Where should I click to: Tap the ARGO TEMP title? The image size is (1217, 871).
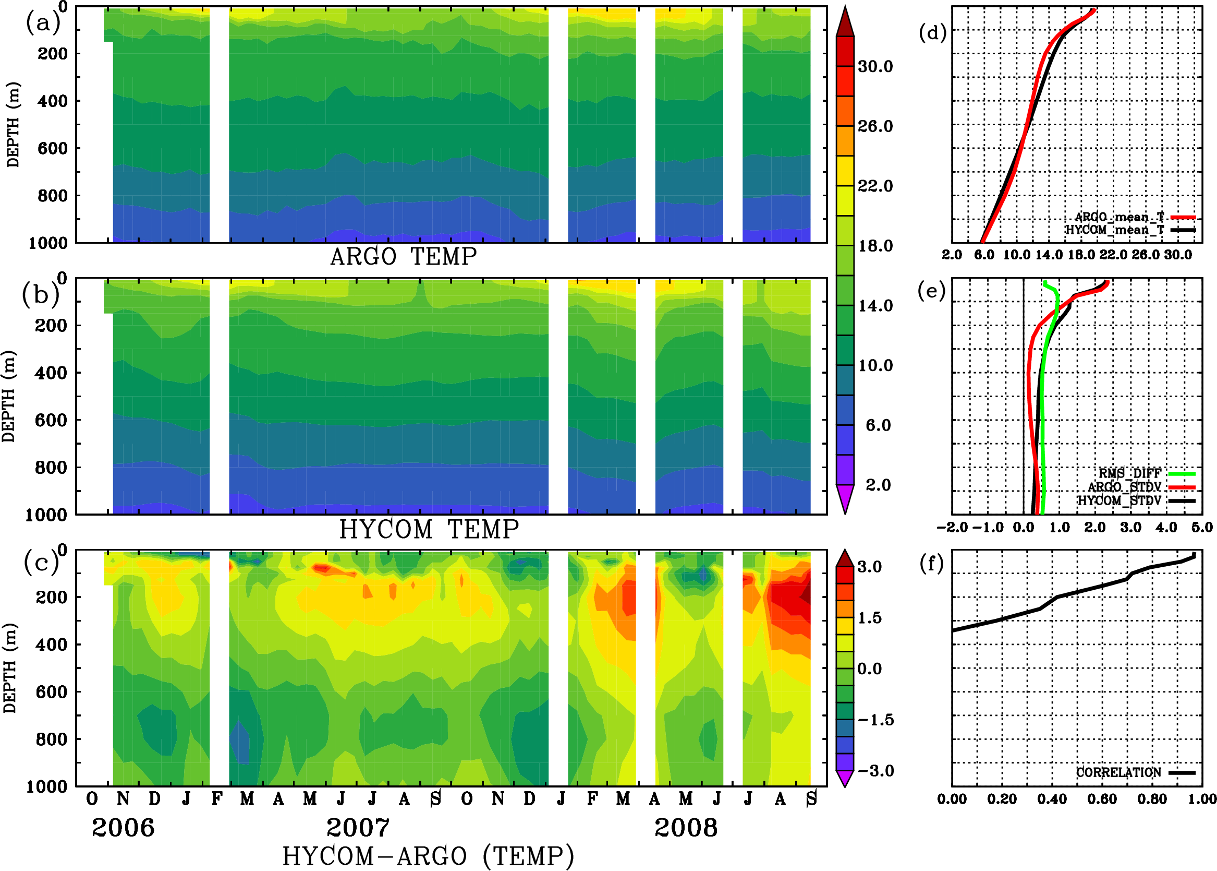403,257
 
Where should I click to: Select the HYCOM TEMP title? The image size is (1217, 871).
429,529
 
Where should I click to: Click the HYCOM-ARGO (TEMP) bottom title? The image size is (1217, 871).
428,855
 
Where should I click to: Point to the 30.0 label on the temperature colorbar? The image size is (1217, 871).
875,66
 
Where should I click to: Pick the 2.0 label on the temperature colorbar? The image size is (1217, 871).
878,485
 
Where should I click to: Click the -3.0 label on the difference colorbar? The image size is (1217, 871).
875,771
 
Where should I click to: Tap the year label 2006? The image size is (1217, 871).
123,828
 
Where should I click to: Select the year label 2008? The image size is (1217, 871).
685,828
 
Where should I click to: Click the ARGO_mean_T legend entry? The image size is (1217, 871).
1119,217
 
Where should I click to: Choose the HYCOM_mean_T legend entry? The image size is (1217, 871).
1115,230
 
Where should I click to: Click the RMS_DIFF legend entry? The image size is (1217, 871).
1129,473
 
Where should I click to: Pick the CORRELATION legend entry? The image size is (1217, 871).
1118,772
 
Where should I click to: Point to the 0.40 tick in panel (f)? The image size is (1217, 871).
1051,799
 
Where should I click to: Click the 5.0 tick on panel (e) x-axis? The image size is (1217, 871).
1202,527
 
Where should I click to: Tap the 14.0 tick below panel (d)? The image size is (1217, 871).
1048,255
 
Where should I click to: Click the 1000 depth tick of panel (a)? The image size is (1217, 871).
47,243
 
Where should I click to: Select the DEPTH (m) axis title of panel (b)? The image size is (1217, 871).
8,396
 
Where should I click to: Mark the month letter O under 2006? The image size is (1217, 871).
92,799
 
